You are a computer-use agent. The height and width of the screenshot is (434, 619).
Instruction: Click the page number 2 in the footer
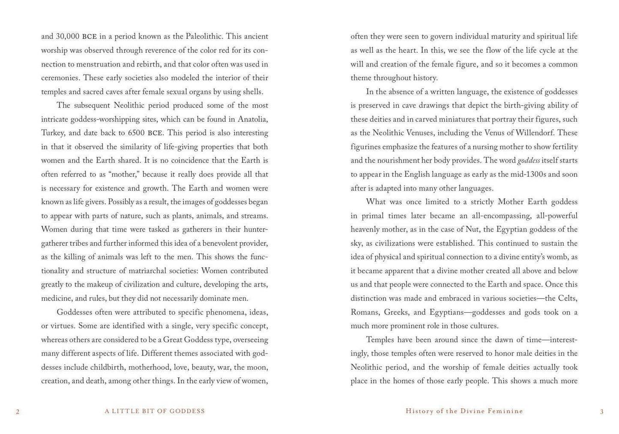coord(18,412)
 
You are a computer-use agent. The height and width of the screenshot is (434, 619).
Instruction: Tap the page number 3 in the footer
coord(601,412)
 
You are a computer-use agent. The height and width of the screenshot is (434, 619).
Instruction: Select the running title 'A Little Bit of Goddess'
coord(155,411)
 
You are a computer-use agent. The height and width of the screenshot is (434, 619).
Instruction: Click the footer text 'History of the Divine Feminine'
coord(464,411)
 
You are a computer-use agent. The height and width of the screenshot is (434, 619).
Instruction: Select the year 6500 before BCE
coord(135,133)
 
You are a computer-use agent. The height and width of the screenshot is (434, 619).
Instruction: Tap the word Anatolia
coord(253,119)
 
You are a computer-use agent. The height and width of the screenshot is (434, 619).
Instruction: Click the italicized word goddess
coord(529,161)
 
